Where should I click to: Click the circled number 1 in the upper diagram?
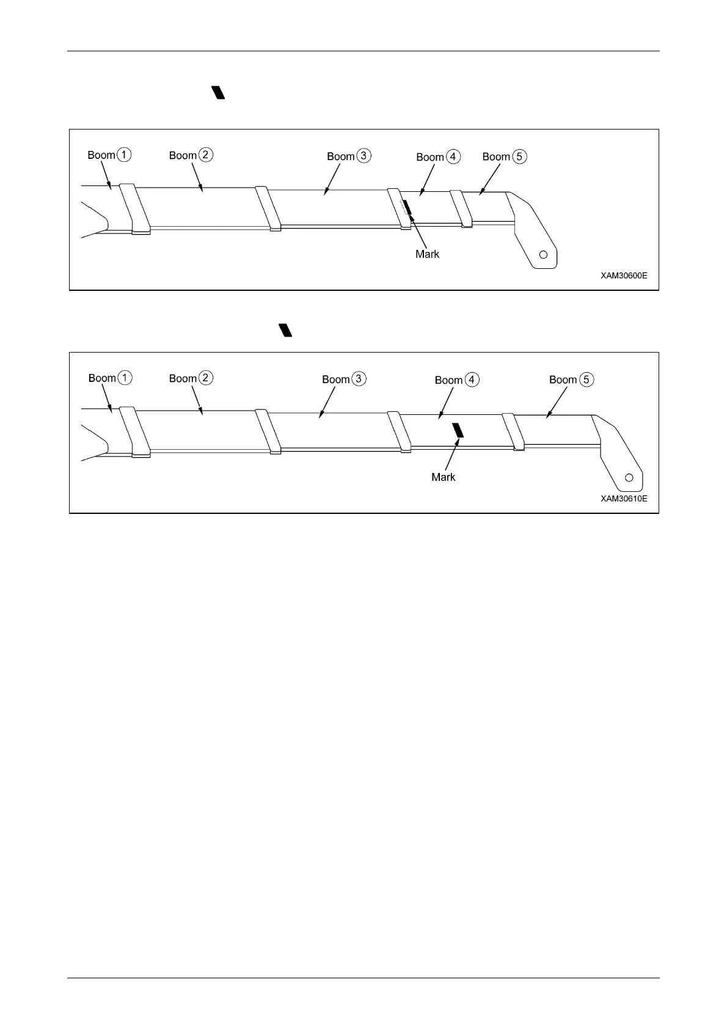(x=124, y=155)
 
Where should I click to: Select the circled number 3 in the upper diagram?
(x=364, y=156)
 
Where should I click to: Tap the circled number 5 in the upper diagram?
(x=519, y=156)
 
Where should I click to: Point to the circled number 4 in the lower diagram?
(x=472, y=379)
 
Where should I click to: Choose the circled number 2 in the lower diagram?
(x=206, y=378)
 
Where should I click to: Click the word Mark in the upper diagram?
(x=427, y=254)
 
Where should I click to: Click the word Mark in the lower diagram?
(x=443, y=477)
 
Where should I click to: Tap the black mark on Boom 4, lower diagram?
(x=458, y=430)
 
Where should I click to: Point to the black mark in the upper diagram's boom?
(x=408, y=207)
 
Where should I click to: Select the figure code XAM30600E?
(x=624, y=276)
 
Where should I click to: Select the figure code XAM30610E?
(x=624, y=499)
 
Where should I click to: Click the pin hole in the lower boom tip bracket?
(x=629, y=478)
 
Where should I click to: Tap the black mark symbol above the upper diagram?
(x=219, y=93)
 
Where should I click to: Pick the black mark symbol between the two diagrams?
(x=285, y=330)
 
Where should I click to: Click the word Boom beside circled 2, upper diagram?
(x=183, y=155)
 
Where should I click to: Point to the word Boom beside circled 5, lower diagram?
(x=563, y=379)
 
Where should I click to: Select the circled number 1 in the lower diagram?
(x=125, y=378)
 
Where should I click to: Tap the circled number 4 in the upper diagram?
(x=453, y=157)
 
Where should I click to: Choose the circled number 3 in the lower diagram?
(x=359, y=379)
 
